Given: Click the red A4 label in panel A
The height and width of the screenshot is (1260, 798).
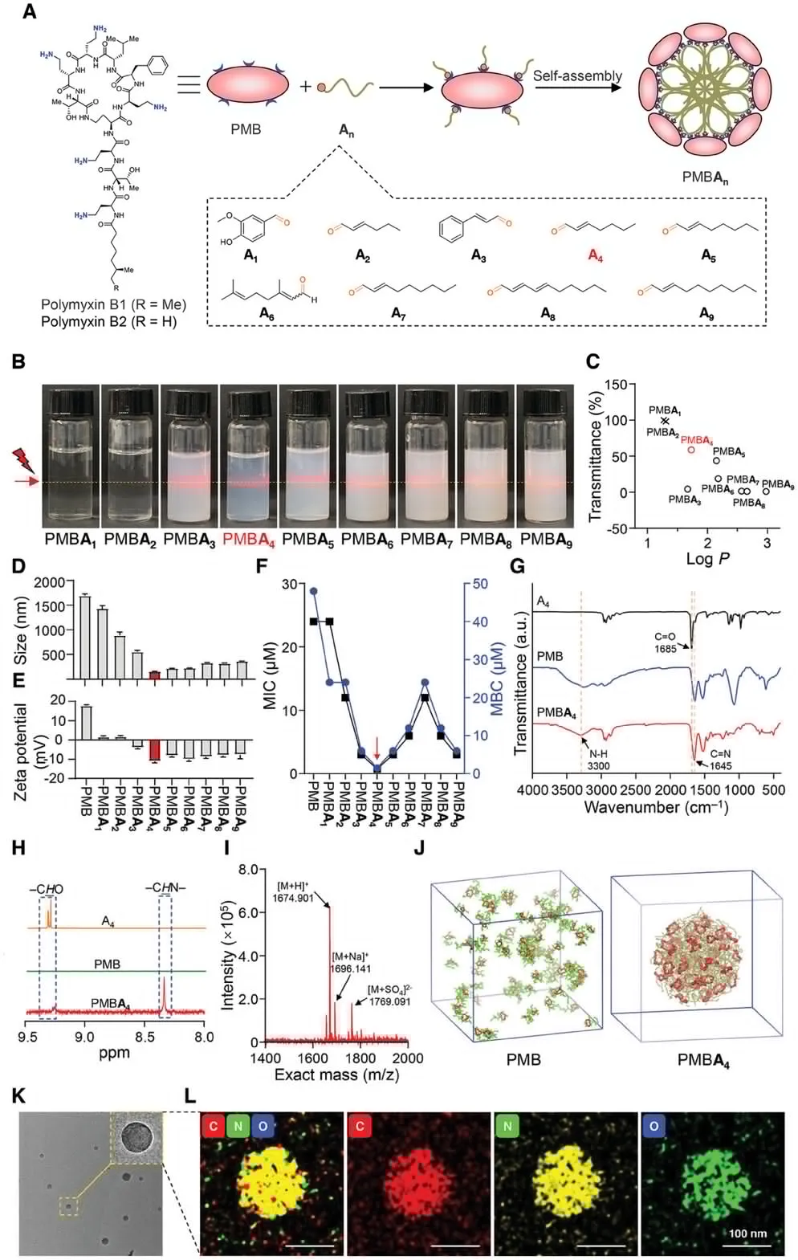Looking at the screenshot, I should pyautogui.click(x=595, y=255).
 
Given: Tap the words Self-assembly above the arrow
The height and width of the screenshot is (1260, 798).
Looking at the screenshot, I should pyautogui.click(x=577, y=76).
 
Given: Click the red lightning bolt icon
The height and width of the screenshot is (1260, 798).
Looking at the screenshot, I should pyautogui.click(x=22, y=461).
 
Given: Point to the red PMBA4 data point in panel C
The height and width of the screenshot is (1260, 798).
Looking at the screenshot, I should pyautogui.click(x=691, y=450).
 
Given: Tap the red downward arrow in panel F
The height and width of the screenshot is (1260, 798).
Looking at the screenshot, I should pyautogui.click(x=377, y=748).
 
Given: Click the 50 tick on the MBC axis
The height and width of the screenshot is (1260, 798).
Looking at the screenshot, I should pyautogui.click(x=480, y=584).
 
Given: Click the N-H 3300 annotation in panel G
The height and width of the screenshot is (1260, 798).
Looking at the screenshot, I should pyautogui.click(x=599, y=760).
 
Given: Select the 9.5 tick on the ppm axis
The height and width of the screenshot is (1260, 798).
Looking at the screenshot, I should pyautogui.click(x=28, y=1036).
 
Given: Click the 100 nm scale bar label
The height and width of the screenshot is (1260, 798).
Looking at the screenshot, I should pyautogui.click(x=747, y=1233).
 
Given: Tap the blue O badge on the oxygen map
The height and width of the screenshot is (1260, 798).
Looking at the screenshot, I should pyautogui.click(x=653, y=1126).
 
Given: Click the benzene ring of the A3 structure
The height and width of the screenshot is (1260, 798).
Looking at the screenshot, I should pyautogui.click(x=452, y=230).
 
